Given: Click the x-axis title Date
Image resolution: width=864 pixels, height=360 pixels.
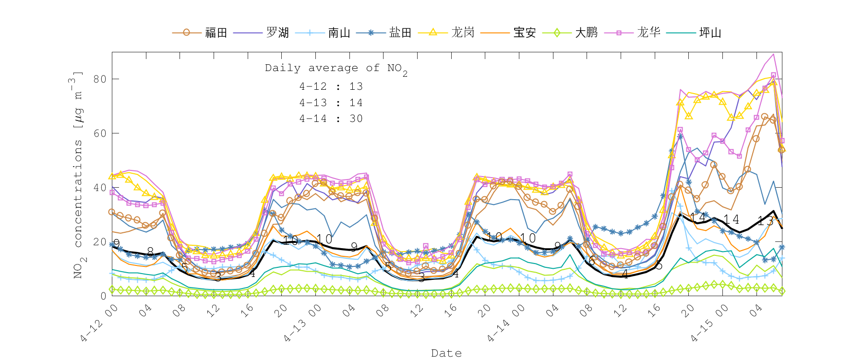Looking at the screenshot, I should pyautogui.click(x=446, y=353).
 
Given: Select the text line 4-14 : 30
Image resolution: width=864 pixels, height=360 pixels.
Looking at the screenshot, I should pyautogui.click(x=331, y=119).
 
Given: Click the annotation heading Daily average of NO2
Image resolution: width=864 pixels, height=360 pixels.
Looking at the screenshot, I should pyautogui.click(x=336, y=69).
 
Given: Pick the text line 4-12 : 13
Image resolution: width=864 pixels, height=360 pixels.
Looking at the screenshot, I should pyautogui.click(x=331, y=86).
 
